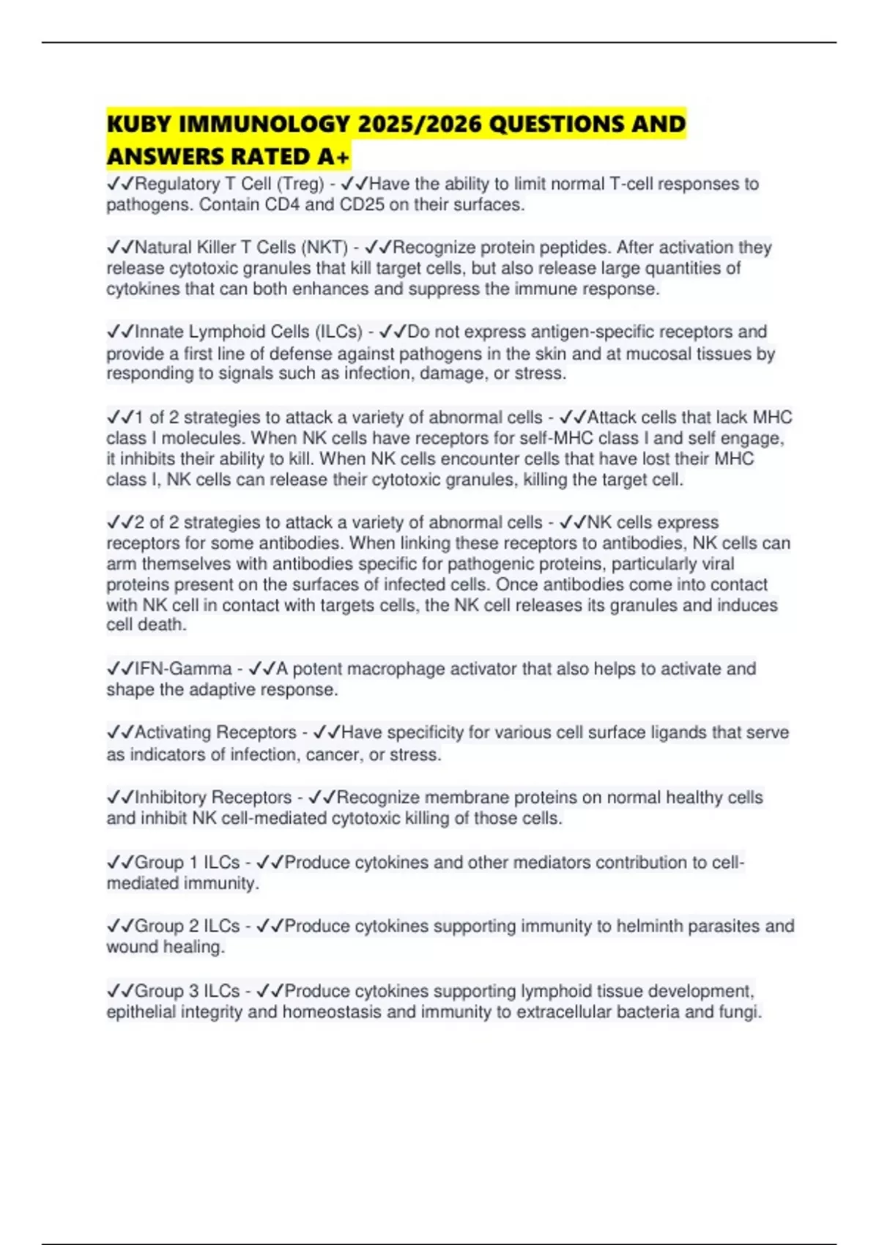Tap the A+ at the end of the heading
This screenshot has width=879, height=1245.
pyautogui.click(x=333, y=156)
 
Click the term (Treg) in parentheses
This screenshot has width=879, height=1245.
pyautogui.click(x=300, y=184)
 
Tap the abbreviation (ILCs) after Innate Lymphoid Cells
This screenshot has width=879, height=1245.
pyautogui.click(x=338, y=332)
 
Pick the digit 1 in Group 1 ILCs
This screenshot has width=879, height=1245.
pyautogui.click(x=193, y=863)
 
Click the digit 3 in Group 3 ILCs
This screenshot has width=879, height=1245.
pyautogui.click(x=193, y=991)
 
